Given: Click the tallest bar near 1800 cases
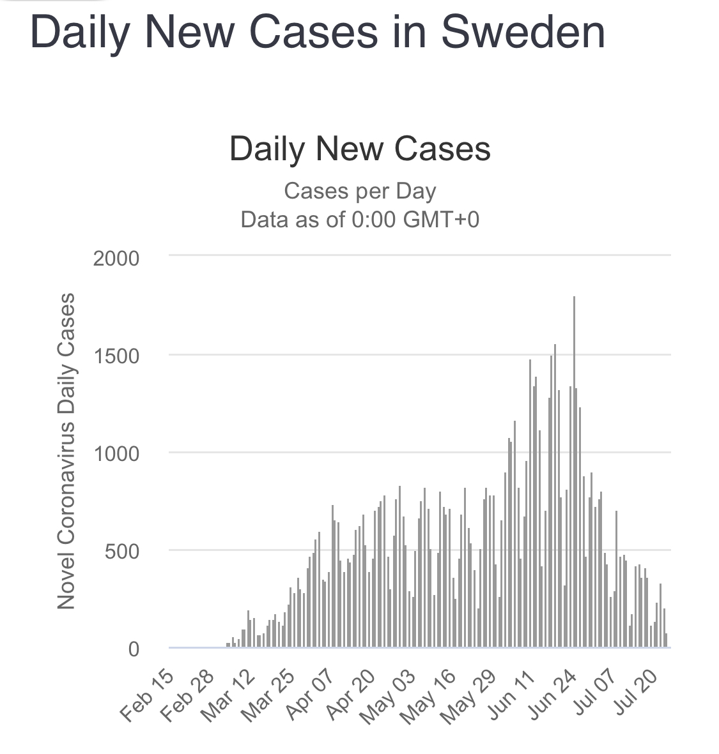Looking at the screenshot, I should [574, 472].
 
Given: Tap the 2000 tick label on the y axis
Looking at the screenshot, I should [116, 259].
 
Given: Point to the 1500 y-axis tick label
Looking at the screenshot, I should [116, 356].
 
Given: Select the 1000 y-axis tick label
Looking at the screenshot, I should [116, 454].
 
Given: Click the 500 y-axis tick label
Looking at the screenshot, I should [121, 552].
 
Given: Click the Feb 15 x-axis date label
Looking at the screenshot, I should [147, 697].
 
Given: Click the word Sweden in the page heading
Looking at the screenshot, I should [523, 32].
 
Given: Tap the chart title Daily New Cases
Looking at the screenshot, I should [360, 149].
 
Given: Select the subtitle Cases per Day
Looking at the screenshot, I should [360, 191].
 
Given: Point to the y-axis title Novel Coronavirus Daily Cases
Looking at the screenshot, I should [66, 451].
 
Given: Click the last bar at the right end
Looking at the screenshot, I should [666, 640].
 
